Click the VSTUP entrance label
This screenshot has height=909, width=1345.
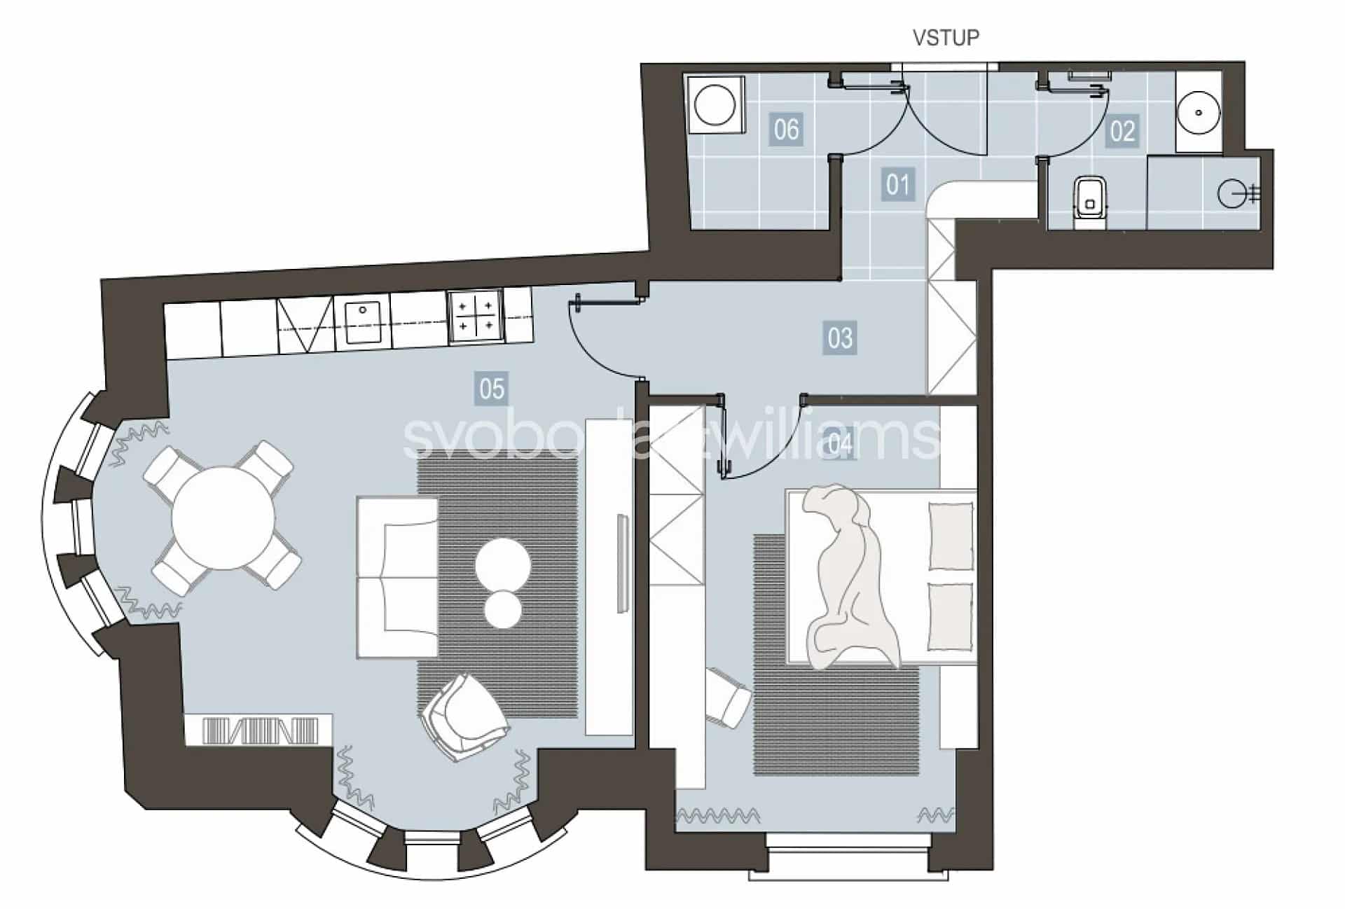tap(946, 37)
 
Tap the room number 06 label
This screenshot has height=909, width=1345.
tap(786, 130)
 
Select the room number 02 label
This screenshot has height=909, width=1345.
tap(1122, 131)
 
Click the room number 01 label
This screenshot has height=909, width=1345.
tap(898, 185)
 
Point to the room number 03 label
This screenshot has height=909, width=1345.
tap(840, 338)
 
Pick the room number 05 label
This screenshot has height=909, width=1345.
tap(491, 388)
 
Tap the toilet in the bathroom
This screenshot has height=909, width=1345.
tap(1089, 201)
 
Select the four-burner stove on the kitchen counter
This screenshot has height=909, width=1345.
tap(475, 315)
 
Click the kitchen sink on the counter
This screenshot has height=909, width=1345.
tap(362, 320)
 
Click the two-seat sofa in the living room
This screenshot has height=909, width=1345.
tap(397, 578)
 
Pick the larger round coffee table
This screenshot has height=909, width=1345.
tap(503, 565)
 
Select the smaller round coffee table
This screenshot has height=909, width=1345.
tap(503, 609)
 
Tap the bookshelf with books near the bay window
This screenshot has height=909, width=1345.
tap(259, 730)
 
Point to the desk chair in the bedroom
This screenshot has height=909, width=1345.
tap(728, 698)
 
